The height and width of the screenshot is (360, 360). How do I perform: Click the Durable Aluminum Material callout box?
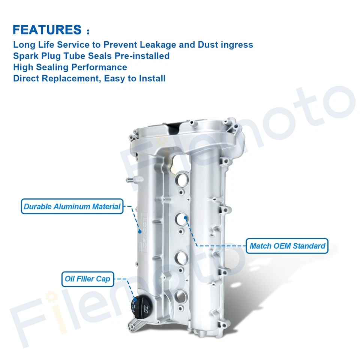(x=72, y=206)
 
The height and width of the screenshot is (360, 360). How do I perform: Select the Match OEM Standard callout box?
(x=287, y=246)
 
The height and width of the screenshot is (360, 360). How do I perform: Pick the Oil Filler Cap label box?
(x=87, y=279)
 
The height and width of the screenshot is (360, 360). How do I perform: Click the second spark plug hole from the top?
(x=182, y=219)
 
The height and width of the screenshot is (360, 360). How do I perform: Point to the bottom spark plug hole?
(x=183, y=296)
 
